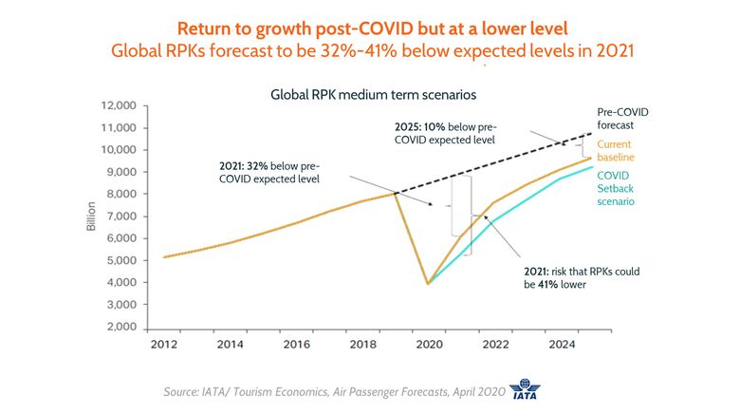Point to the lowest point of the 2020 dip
(429, 283)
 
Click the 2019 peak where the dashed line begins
(395, 194)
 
